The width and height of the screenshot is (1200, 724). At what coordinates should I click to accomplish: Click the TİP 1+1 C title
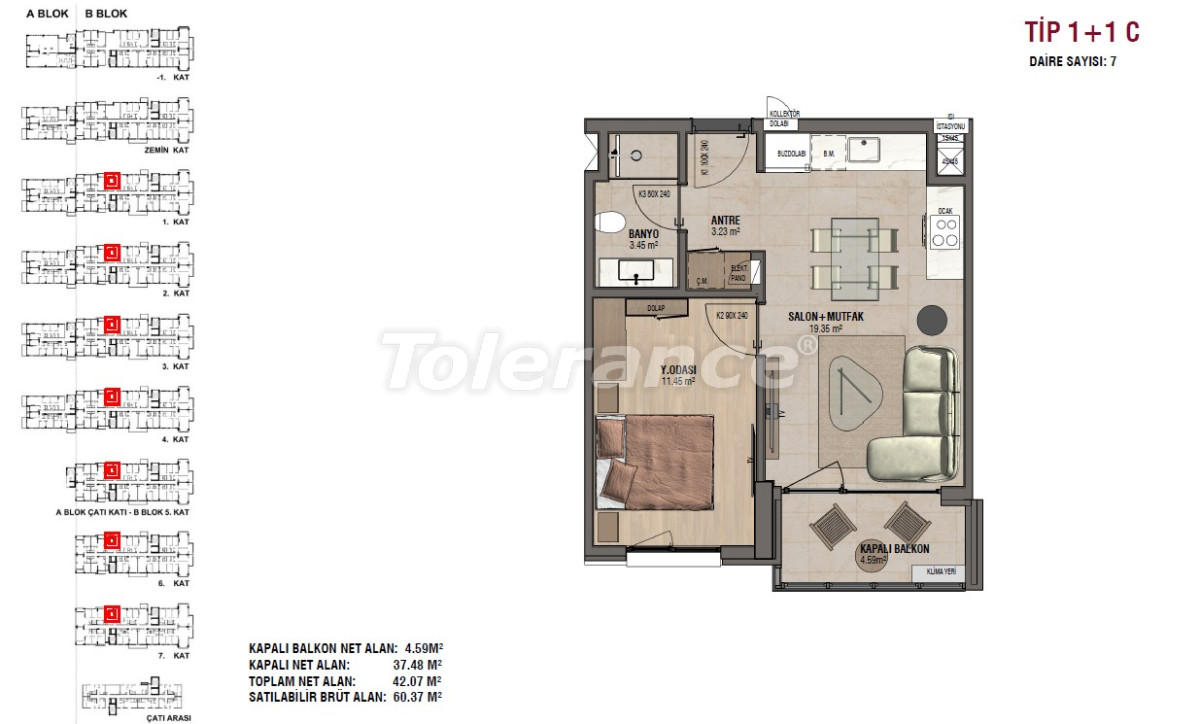[1082, 33]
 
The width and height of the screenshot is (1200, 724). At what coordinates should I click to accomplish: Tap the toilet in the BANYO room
[611, 221]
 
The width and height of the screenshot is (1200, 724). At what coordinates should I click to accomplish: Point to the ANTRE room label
[725, 221]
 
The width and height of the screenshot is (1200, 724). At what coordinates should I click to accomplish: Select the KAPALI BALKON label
[895, 549]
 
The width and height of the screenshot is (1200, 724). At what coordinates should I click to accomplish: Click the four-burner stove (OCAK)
[945, 233]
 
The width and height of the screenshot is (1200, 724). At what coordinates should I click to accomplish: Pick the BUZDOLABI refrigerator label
[793, 154]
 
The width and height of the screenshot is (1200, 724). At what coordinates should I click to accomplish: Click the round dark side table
[933, 318]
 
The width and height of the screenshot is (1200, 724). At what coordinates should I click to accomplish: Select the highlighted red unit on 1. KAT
[112, 181]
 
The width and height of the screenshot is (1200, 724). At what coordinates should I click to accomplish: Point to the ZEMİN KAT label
[166, 150]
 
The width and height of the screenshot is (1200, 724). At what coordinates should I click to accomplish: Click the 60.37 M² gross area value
[419, 697]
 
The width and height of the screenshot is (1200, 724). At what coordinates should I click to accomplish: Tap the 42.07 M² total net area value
[419, 681]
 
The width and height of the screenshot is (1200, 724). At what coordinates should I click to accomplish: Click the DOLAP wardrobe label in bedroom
[656, 308]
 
